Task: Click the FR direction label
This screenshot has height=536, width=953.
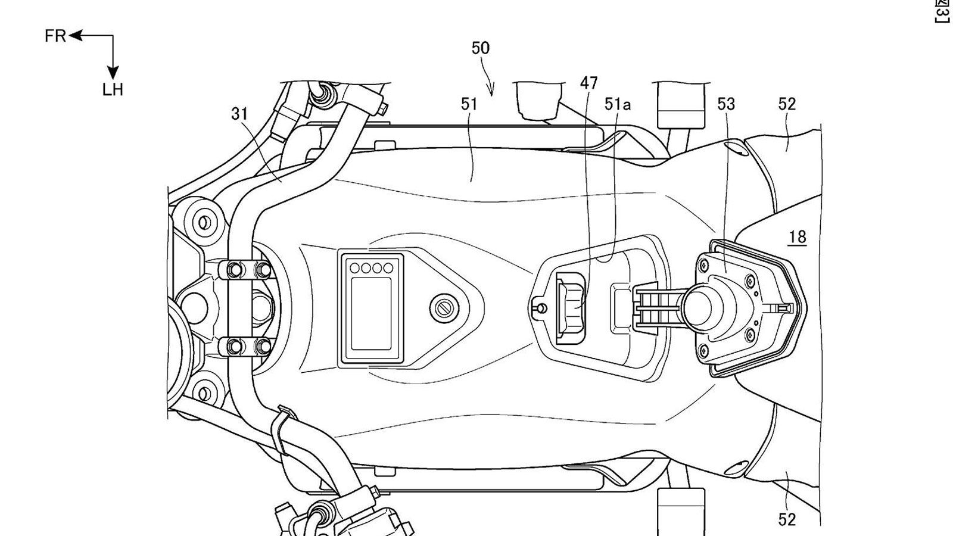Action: [x=55, y=36]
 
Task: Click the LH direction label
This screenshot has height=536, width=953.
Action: [x=112, y=90]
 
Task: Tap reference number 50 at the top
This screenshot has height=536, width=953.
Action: [x=480, y=48]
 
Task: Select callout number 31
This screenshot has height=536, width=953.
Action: [x=239, y=114]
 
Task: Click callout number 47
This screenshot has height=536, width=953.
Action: [x=588, y=83]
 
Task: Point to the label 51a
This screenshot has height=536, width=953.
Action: [x=617, y=104]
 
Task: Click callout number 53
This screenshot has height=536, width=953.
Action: [x=726, y=104]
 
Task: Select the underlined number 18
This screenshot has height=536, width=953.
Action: [x=797, y=237]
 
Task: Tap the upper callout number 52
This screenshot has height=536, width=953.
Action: [x=786, y=104]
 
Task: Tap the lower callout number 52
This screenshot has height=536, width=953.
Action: [x=786, y=519]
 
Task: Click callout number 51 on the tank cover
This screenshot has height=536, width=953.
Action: [x=469, y=104]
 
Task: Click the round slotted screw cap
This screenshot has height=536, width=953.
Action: [x=442, y=307]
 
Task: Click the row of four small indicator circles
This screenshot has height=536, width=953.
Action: [x=371, y=267]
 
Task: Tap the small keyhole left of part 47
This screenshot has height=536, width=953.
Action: [x=539, y=307]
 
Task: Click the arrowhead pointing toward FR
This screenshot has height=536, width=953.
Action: [x=74, y=36]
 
